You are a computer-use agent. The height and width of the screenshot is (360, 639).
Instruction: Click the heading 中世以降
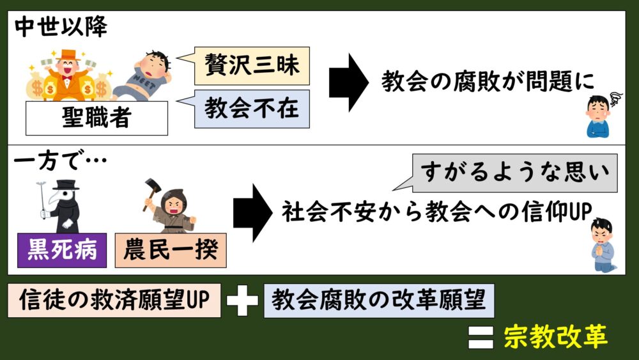coord(61,27)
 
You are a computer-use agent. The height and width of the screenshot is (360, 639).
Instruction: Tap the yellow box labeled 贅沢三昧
coord(252,67)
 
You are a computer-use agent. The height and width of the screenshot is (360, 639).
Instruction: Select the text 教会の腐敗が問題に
coord(488,82)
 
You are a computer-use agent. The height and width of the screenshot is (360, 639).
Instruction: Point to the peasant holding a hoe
coord(167,206)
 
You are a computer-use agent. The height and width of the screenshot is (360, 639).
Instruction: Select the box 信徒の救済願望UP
coord(114,301)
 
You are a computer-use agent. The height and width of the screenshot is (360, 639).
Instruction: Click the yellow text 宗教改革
coord(555,336)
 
